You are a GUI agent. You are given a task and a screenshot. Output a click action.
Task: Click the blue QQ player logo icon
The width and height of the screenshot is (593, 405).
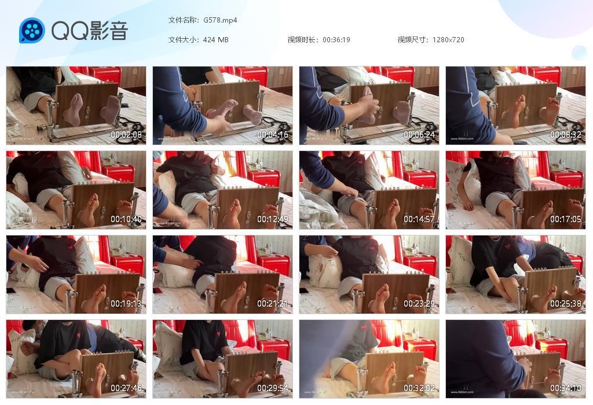[x=32, y=31]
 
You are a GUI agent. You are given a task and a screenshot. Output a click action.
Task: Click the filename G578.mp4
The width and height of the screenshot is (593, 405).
[x=220, y=20]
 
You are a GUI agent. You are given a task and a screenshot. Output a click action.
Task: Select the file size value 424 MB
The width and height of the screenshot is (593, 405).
[x=215, y=40]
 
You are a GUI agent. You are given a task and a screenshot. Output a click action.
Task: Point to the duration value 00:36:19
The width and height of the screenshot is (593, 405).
[x=336, y=40]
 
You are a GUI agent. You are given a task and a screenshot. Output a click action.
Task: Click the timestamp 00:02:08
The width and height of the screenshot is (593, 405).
[x=126, y=135]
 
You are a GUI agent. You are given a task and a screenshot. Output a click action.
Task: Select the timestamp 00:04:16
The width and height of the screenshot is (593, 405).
[x=273, y=135]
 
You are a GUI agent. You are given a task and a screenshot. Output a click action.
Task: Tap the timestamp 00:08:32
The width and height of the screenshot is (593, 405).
[x=566, y=135]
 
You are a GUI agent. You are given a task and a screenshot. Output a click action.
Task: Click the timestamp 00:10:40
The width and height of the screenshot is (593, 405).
[x=126, y=219]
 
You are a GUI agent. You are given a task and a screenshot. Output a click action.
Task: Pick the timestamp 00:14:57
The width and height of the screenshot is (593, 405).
[x=419, y=219]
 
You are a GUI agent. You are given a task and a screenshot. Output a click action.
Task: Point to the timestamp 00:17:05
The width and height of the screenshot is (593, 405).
[x=566, y=219]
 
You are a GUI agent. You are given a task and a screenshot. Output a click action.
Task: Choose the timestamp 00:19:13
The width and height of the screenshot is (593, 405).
[x=126, y=304]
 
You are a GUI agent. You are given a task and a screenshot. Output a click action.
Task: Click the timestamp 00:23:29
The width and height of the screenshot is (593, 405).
[x=419, y=304]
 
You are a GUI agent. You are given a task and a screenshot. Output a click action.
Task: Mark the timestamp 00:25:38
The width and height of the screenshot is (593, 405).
[x=566, y=304]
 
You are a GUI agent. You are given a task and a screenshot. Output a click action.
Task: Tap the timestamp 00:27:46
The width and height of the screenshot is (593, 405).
[x=126, y=388]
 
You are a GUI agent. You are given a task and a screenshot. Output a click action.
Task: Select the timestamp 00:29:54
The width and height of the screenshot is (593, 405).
[x=273, y=388]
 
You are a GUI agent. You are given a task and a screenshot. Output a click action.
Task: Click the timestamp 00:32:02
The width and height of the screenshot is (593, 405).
[x=419, y=388]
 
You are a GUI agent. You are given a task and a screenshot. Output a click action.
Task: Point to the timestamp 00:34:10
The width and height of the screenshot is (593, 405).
[x=566, y=388]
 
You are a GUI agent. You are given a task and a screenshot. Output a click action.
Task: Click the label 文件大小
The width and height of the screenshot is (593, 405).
[x=182, y=40]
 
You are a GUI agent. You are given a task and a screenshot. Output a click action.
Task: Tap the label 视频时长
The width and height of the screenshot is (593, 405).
[x=302, y=40]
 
